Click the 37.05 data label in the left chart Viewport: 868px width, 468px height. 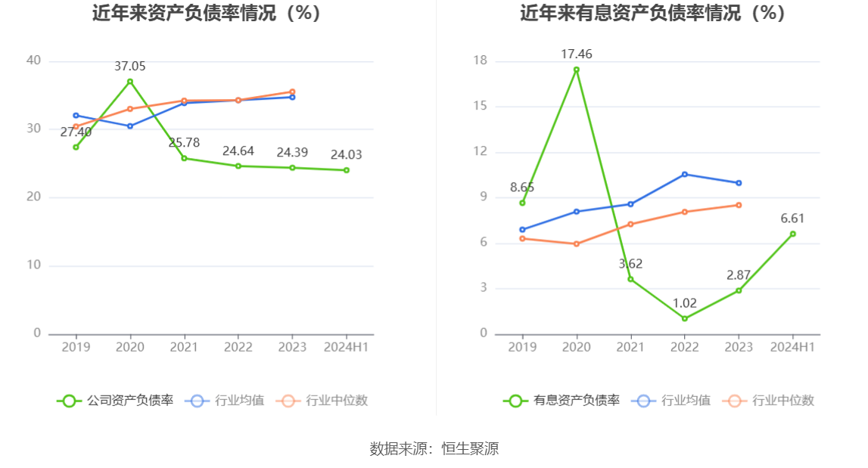click(x=130, y=67)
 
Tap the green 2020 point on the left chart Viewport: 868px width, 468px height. click(x=130, y=82)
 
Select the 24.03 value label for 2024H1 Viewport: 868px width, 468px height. click(x=346, y=155)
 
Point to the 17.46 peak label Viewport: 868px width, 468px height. click(x=576, y=54)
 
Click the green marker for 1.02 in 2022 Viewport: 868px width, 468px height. click(x=684, y=318)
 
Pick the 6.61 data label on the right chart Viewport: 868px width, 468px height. click(x=792, y=219)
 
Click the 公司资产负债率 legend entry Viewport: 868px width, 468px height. click(x=116, y=401)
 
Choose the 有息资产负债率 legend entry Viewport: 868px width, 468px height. click(x=562, y=401)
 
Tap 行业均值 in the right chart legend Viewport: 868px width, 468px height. click(x=675, y=401)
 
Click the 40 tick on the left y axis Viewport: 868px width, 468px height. click(x=33, y=61)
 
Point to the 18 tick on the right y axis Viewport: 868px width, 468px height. click(x=480, y=61)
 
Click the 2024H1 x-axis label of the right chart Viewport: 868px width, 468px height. click(x=792, y=347)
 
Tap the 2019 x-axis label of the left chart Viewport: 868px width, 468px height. click(x=76, y=347)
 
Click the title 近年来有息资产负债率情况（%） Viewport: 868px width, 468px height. click(x=652, y=13)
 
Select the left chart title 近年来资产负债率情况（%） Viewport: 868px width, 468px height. click(x=207, y=13)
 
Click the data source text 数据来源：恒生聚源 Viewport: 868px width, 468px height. click(x=434, y=448)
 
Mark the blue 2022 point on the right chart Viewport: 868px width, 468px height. click(x=684, y=174)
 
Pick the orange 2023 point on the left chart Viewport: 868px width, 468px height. click(x=292, y=91)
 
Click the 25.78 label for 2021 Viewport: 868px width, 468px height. click(x=184, y=143)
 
